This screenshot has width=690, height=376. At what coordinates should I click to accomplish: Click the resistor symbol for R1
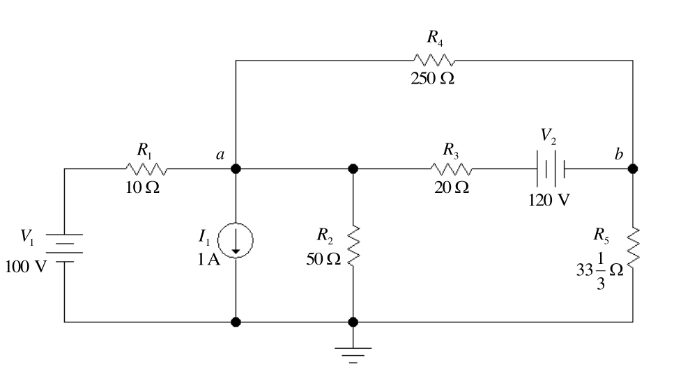(146, 169)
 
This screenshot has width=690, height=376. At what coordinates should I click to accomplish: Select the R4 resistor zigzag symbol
(434, 61)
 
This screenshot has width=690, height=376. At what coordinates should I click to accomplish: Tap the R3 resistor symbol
(451, 169)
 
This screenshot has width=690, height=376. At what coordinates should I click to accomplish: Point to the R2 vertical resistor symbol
(353, 246)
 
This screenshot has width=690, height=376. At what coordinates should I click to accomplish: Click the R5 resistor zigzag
(633, 246)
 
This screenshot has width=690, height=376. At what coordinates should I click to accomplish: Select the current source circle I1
(236, 240)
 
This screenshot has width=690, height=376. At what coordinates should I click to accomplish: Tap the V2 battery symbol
(551, 169)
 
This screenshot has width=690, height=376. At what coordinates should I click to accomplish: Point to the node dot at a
(236, 169)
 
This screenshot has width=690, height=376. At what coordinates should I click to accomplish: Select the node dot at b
(633, 169)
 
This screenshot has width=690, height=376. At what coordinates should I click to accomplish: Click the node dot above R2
(353, 169)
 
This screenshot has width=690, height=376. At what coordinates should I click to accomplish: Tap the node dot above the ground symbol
(353, 322)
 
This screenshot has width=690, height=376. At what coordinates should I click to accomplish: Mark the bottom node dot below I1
(236, 322)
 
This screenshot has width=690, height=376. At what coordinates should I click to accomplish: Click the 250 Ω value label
(433, 78)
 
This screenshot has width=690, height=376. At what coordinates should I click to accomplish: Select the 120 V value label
(549, 200)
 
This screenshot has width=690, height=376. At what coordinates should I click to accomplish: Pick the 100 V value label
(26, 267)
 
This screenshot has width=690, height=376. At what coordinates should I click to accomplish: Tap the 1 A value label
(208, 260)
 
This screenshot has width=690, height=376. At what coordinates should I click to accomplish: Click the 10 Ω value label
(143, 187)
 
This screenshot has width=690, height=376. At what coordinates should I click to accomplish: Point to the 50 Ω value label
(323, 259)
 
